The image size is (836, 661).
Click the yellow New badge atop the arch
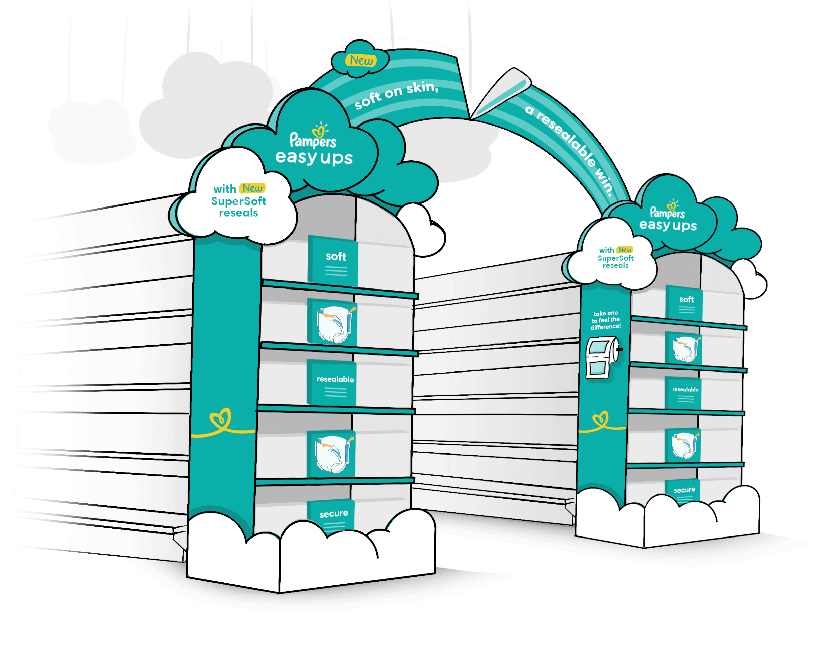click(361, 60)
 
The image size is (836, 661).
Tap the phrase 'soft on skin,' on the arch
click(397, 95)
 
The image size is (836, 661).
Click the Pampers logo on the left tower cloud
click(313, 136)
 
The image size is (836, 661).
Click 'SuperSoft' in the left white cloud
click(238, 201)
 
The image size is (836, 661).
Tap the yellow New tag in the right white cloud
click(624, 250)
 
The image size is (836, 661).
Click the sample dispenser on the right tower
click(602, 357)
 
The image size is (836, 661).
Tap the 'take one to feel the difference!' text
click(606, 320)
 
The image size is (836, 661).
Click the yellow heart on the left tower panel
click(220, 419)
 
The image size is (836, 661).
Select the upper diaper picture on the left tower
click(332, 322)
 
